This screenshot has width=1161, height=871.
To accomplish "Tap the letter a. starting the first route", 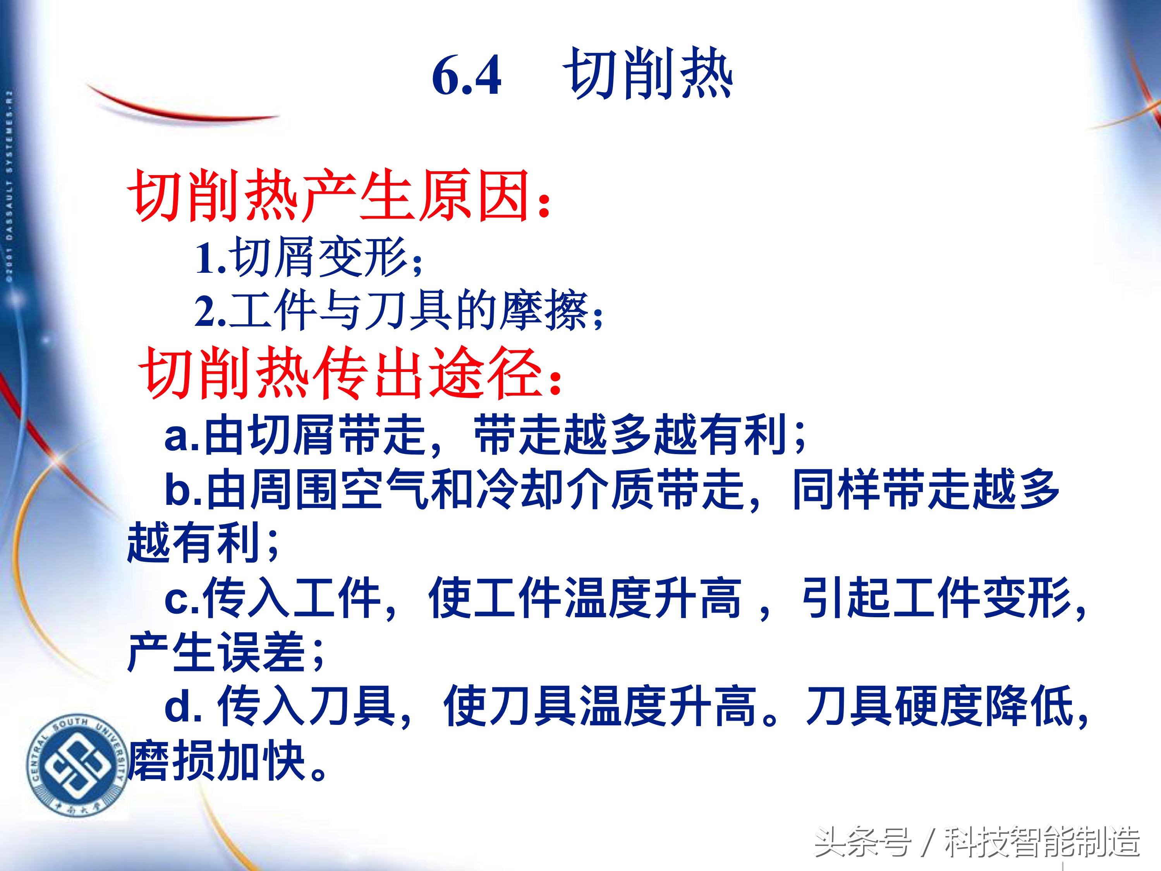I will coord(181,436).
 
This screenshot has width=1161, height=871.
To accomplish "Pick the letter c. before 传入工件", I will coord(181,599).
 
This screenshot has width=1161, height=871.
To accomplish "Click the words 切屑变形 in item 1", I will coord(320,257).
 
